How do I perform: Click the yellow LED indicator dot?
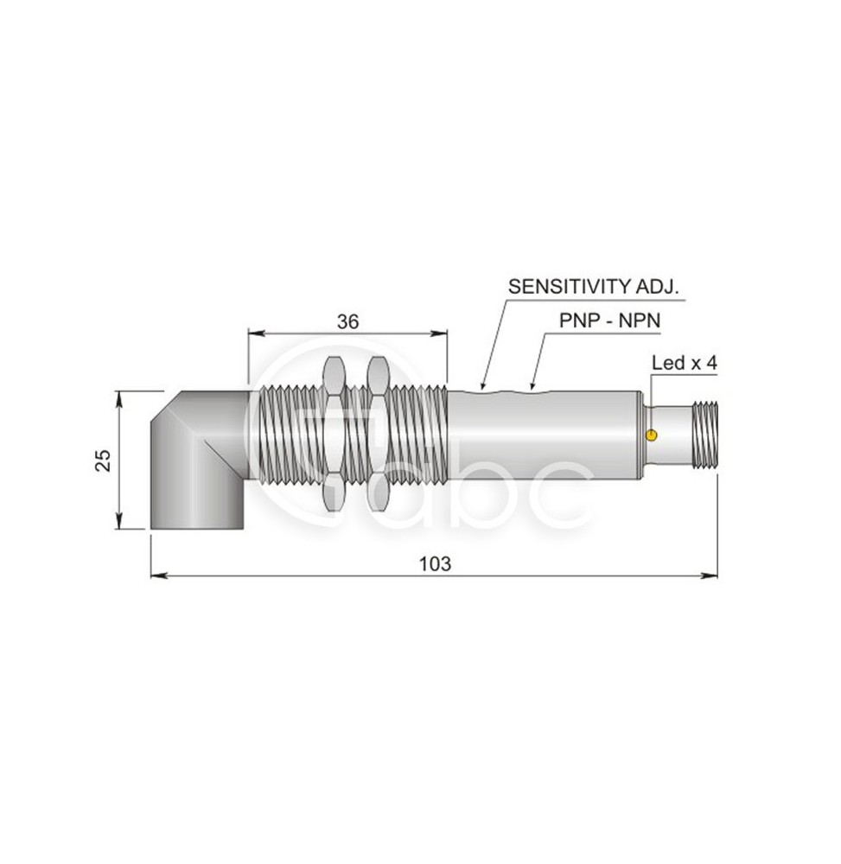tap(652, 435)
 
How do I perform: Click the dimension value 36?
tap(347, 321)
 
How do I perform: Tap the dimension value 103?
tap(435, 564)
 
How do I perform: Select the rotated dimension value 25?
tap(103, 461)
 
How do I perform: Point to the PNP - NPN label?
tap(609, 321)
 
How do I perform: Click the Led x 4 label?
tap(685, 363)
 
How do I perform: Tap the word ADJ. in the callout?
tap(658, 287)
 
